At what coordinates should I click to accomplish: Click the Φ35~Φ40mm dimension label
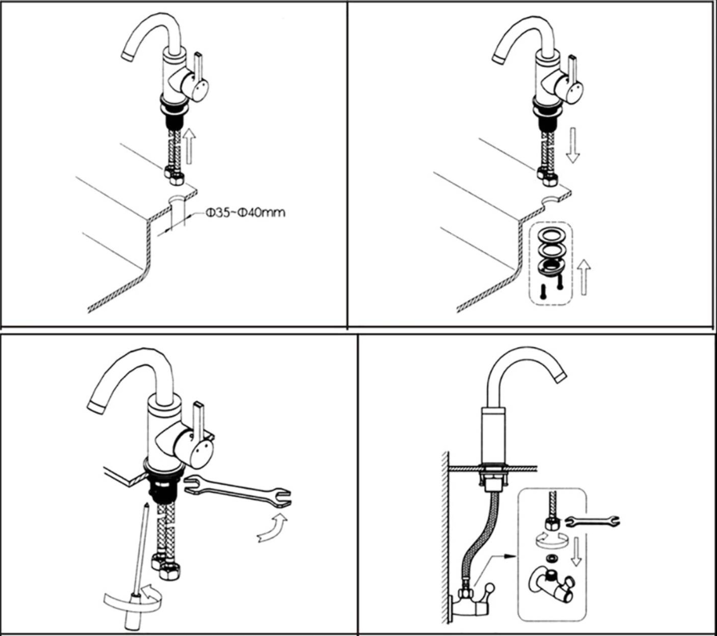coord(245,213)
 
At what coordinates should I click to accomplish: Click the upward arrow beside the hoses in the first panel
coord(189,146)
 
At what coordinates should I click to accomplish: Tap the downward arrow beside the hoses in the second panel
coord(572,146)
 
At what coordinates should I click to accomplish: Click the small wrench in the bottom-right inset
coord(593,521)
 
